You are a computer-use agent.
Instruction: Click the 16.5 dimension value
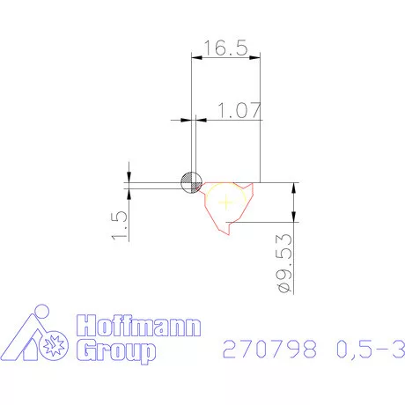tap(226, 49)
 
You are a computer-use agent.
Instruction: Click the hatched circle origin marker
tap(190, 182)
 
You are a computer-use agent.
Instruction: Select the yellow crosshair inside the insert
tap(227, 201)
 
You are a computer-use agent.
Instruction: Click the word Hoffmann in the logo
tap(137, 327)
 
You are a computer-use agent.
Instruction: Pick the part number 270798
tap(258, 350)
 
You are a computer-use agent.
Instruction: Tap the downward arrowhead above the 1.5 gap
tap(129, 175)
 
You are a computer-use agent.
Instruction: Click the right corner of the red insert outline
tap(256, 184)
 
